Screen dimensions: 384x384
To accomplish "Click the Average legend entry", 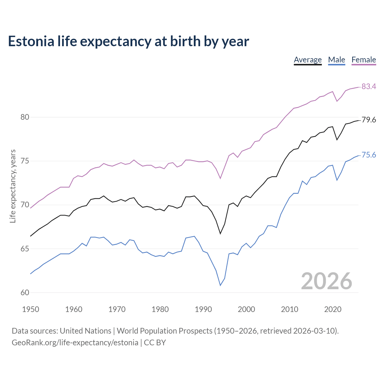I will point(307,60).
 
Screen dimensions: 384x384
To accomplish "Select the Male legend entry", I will point(337,60).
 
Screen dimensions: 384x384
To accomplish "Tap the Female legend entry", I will point(364,60).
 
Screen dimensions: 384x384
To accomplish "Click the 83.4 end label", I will point(369,86).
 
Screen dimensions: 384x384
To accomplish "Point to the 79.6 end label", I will point(369,120).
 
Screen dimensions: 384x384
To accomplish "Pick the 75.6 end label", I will point(369,155).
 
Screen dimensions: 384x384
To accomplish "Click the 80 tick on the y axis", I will point(25,117).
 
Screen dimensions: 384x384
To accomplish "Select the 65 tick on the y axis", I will point(25,249).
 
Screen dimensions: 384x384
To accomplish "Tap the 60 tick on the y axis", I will point(25,292).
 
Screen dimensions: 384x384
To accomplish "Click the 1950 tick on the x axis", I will point(31,309).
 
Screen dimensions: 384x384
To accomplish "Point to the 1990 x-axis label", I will point(203,309).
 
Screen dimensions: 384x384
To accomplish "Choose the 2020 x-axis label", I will point(333,309).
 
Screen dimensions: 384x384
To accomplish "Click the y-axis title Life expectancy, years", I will point(13,186).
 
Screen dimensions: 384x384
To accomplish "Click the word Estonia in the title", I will point(31,41).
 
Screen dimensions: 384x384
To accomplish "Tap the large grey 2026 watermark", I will point(326,281).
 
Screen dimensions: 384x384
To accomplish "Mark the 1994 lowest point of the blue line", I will point(220,285).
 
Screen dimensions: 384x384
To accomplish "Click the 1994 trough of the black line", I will point(220,233).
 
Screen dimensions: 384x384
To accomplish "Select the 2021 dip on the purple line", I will point(337,101).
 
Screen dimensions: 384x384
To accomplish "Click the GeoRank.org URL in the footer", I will point(75,343).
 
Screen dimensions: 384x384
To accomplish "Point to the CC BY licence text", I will point(155,343).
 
